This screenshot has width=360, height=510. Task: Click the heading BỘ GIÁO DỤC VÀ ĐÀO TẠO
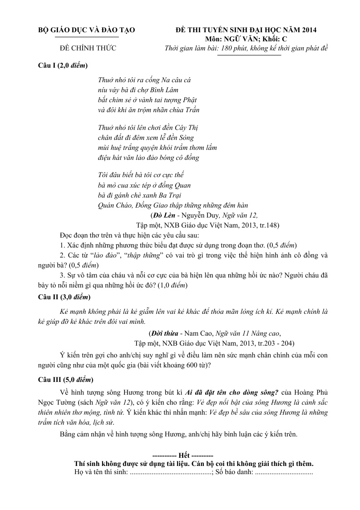(x=86, y=30)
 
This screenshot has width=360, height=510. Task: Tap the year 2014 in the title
(x=307, y=30)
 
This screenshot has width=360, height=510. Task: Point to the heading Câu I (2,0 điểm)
(x=63, y=66)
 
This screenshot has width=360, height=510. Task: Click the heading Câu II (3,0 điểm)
(x=64, y=297)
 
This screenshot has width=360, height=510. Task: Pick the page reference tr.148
(x=269, y=224)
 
